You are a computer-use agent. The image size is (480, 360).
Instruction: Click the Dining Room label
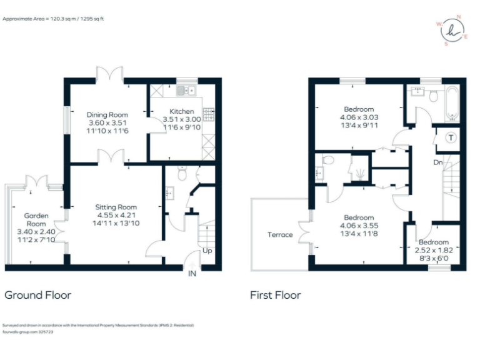[x=107, y=114]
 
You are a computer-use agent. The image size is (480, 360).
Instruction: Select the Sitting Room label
[x=116, y=207]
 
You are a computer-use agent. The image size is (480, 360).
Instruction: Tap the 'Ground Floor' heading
[x=37, y=295]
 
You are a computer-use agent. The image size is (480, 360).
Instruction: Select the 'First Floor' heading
[x=276, y=295]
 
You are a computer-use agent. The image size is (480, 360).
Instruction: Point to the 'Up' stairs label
[x=207, y=251]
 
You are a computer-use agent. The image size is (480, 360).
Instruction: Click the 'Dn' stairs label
[x=438, y=162]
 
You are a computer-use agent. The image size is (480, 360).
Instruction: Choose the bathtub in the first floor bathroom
[x=452, y=104]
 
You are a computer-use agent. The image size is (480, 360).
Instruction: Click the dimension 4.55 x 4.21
[x=116, y=215]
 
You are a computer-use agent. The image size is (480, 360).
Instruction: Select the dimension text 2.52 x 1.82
[x=433, y=249]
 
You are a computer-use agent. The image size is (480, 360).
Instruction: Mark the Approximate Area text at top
[x=53, y=19]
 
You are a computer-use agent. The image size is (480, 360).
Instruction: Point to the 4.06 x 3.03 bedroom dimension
[x=359, y=117]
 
